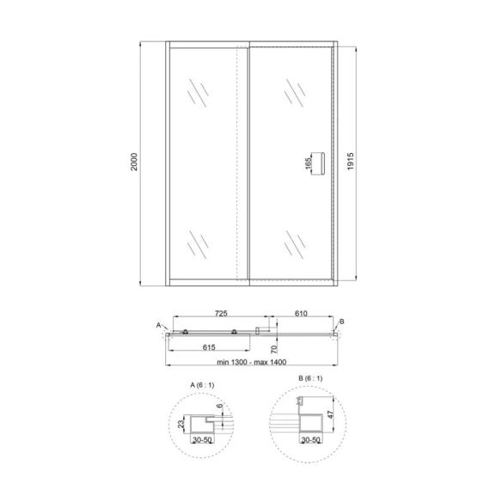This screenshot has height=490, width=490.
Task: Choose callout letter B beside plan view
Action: [341, 322]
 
